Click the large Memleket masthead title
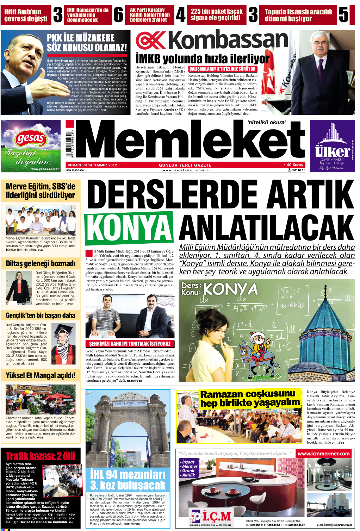pyautogui.click(x=190, y=140)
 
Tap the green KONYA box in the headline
pyautogui.click(x=129, y=227)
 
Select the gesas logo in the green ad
pyautogui.click(x=31, y=138)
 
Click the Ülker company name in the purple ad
pyautogui.click(x=332, y=151)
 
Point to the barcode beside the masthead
pyautogui.click(x=71, y=144)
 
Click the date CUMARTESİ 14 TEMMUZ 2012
pyautogui.click(x=92, y=165)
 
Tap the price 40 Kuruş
pyautogui.click(x=293, y=165)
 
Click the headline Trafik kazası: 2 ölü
pyautogui.click(x=41, y=456)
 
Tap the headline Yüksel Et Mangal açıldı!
pyautogui.click(x=41, y=376)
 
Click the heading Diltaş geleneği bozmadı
pyautogui.click(x=41, y=263)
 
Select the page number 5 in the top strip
pyautogui.click(x=343, y=15)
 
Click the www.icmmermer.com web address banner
pyautogui.click(x=323, y=454)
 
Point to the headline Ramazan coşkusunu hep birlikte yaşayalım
pyautogui.click(x=249, y=398)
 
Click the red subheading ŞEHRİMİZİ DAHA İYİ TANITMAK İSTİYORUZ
pyautogui.click(x=130, y=343)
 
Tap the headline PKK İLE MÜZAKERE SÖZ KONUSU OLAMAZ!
pyautogui.click(x=87, y=43)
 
